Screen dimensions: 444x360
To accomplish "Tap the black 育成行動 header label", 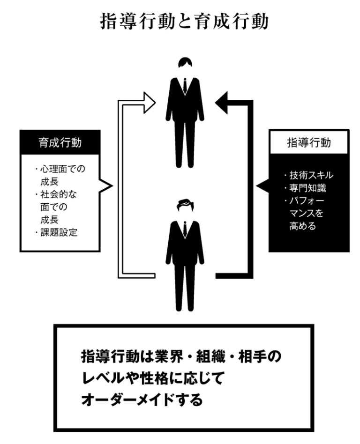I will click(60, 142).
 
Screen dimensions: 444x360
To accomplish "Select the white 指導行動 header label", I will click(308, 142).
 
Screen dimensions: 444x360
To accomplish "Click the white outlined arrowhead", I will click(149, 102).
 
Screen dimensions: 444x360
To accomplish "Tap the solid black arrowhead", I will click(223, 102).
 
